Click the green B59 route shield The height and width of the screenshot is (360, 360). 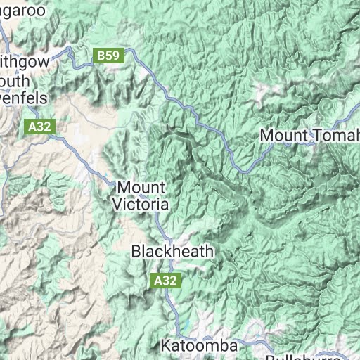(108, 55)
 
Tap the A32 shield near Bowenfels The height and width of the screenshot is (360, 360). (40, 127)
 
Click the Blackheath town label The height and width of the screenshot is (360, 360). (172, 251)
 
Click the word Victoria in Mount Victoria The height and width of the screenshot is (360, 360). (141, 205)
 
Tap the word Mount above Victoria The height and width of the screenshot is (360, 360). (141, 188)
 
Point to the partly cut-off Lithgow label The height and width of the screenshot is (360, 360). (24, 61)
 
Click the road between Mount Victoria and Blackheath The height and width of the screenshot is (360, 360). (160, 226)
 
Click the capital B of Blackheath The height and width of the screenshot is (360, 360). (137, 251)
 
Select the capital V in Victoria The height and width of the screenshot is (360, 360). (117, 205)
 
